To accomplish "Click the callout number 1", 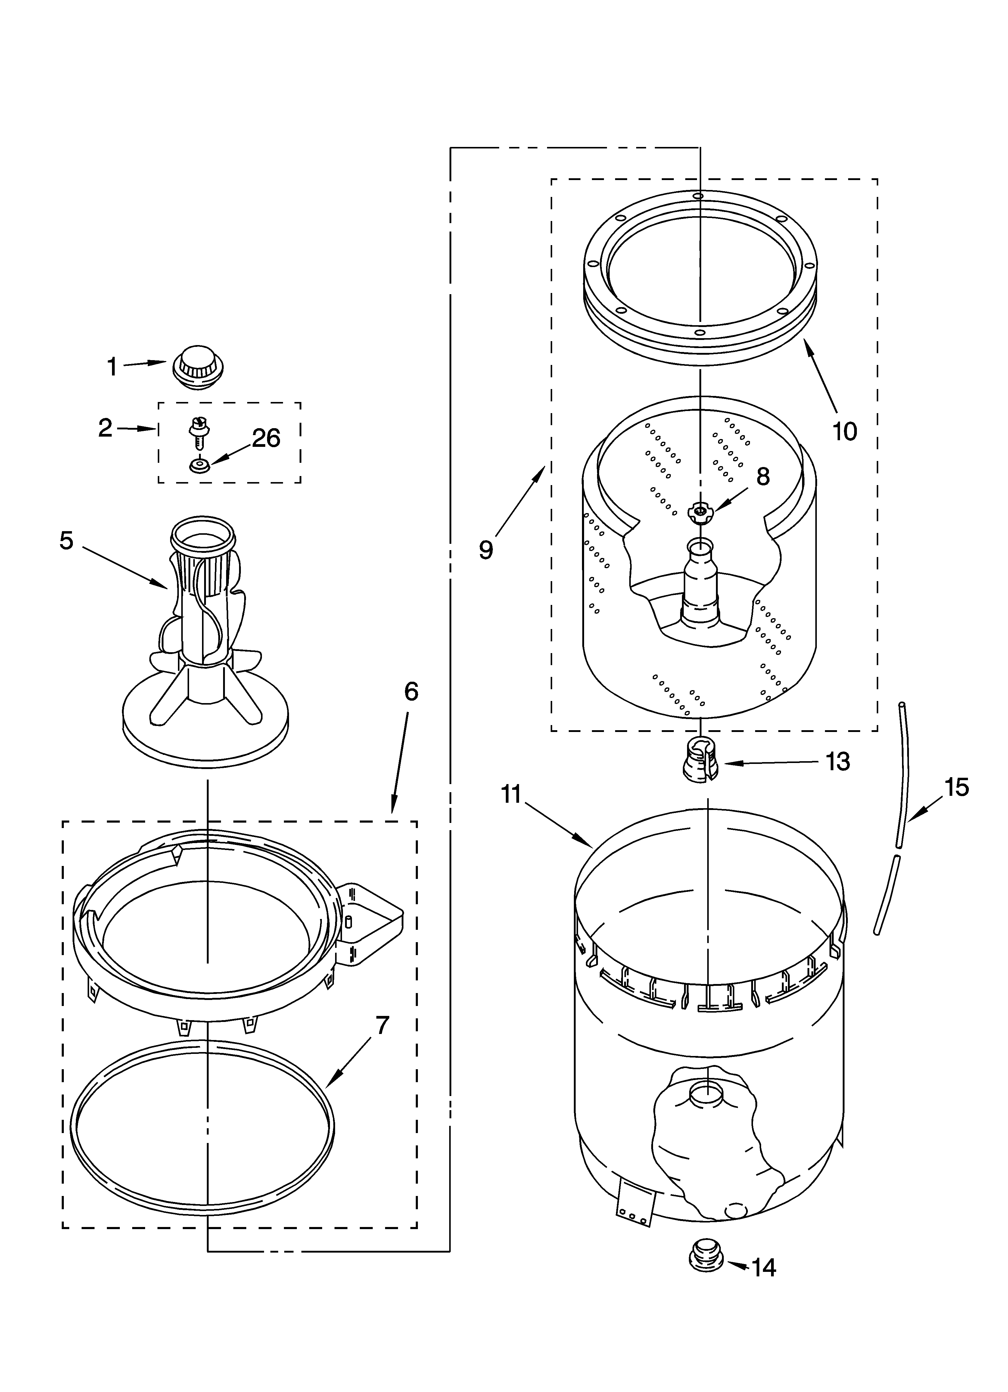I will click(x=112, y=367).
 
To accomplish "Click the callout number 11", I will click(x=511, y=795).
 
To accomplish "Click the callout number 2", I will click(x=106, y=428).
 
